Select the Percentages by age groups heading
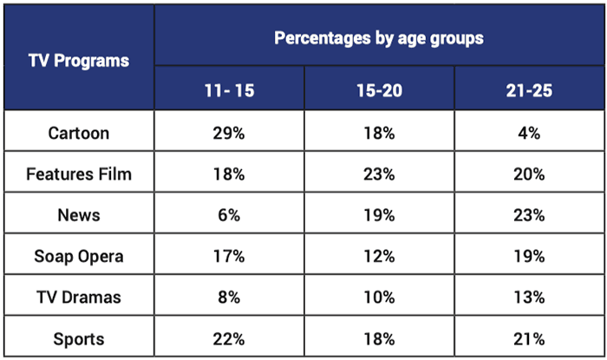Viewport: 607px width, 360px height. pos(379,38)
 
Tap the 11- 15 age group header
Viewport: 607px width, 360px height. pos(229,91)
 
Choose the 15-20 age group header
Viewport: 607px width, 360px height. pos(379,91)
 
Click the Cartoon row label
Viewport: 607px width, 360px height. pos(79,133)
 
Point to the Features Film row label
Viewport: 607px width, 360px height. pos(79,174)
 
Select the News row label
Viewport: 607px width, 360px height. pos(79,215)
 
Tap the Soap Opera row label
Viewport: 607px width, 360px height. pos(79,257)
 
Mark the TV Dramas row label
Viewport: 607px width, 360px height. pos(79,298)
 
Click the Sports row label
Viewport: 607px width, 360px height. pos(79,338)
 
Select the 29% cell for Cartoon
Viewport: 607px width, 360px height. pos(229,133)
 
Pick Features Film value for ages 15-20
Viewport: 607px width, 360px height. pos(379,174)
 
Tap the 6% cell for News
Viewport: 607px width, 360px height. pos(229,215)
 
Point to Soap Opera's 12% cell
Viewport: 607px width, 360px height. pos(379,257)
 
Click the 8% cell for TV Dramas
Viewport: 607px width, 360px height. pos(229,298)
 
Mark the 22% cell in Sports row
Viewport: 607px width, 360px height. pos(229,338)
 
